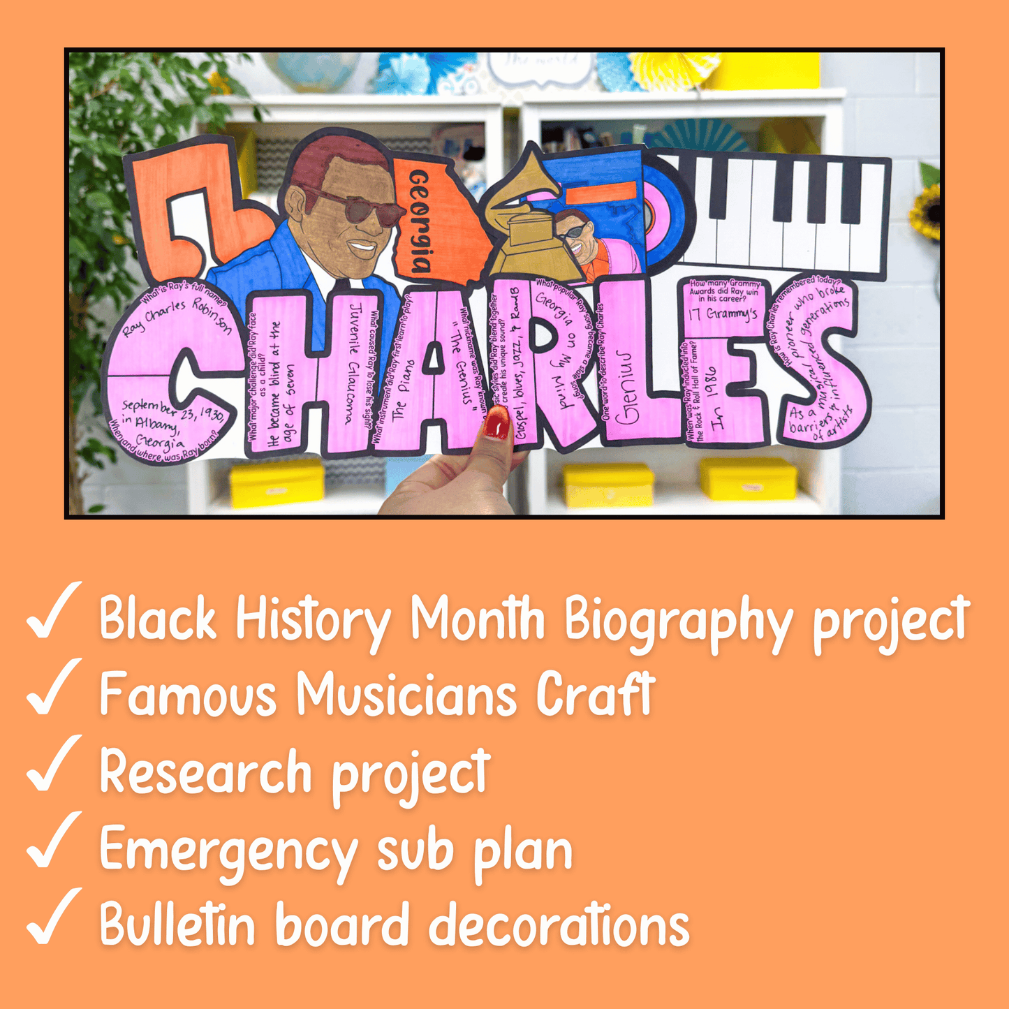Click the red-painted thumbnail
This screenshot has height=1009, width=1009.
tap(496, 423)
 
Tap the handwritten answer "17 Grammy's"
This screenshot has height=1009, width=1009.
tap(723, 314)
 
